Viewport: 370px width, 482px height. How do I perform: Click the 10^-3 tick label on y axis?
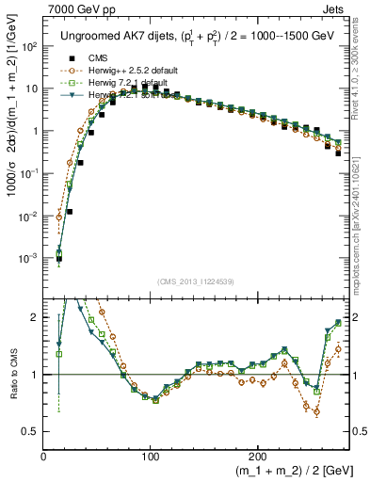click(29, 258)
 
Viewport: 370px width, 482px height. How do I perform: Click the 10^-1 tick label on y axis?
click(29, 173)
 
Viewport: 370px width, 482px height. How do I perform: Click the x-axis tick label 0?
click(44, 456)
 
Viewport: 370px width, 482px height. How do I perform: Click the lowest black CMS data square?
click(59, 259)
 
